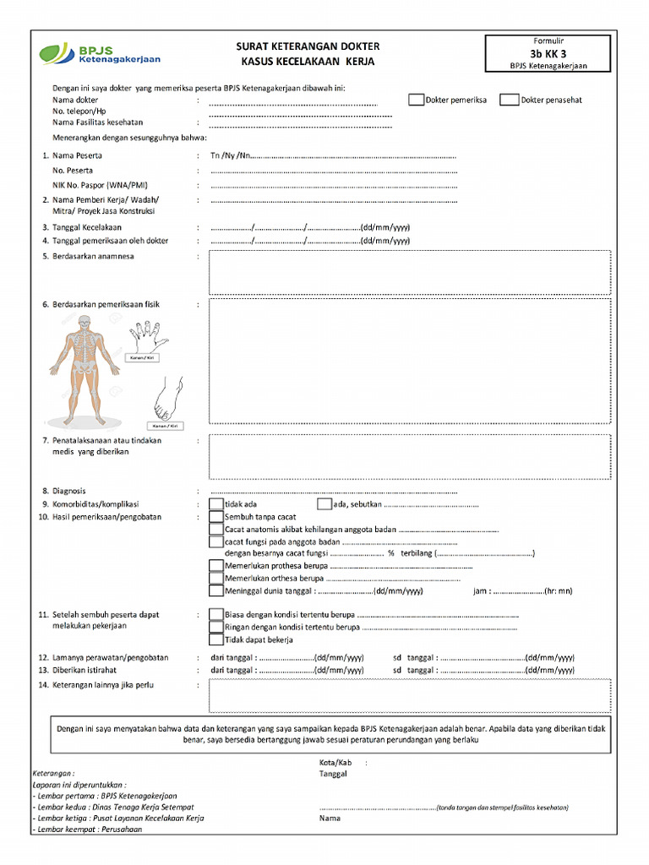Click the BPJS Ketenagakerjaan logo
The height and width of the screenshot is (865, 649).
click(99, 54)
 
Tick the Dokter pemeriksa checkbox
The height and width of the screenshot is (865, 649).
click(416, 100)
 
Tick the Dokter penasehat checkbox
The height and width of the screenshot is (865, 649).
click(509, 100)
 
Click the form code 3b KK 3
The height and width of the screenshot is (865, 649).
click(548, 52)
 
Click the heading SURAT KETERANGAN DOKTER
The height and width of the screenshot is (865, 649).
click(308, 46)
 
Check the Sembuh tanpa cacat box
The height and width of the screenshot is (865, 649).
click(216, 516)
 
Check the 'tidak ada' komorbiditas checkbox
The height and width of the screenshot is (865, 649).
click(216, 504)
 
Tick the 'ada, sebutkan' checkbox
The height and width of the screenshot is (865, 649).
click(324, 504)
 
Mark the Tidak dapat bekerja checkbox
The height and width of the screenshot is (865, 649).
click(216, 639)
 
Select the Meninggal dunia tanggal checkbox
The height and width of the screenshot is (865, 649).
click(216, 590)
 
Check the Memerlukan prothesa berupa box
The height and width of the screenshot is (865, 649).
click(216, 566)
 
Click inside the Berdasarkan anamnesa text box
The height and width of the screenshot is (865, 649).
click(409, 272)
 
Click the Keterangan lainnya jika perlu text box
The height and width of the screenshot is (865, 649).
click(409, 695)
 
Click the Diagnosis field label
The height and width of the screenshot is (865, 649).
click(69, 491)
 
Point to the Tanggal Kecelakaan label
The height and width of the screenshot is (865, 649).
click(87, 227)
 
